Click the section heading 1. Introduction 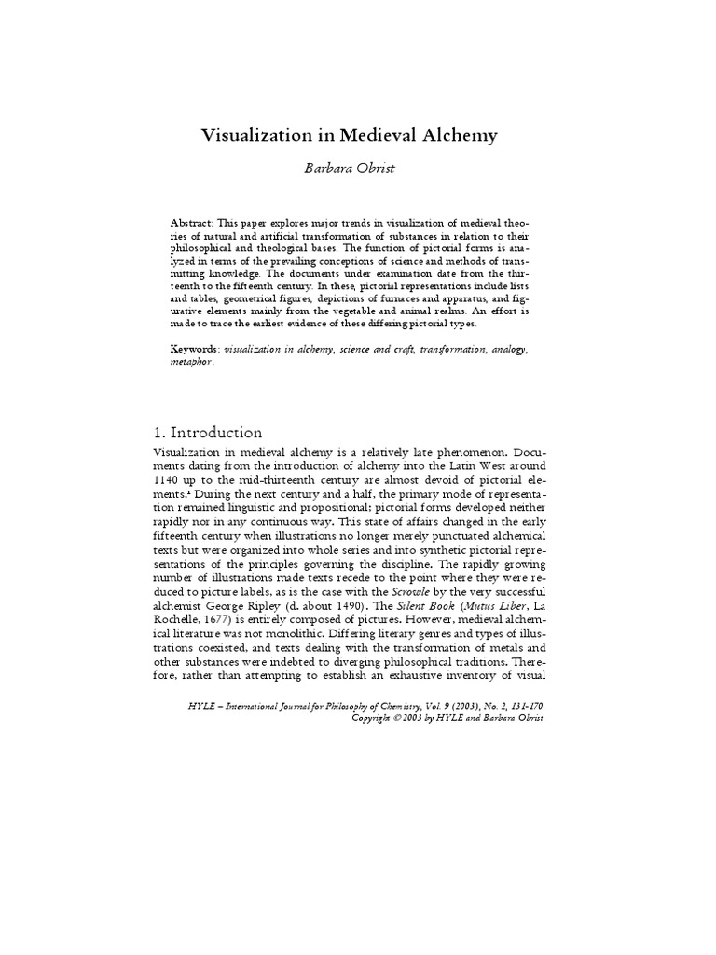click(206, 432)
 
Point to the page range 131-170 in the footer click(527, 706)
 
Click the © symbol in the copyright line click(396, 718)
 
